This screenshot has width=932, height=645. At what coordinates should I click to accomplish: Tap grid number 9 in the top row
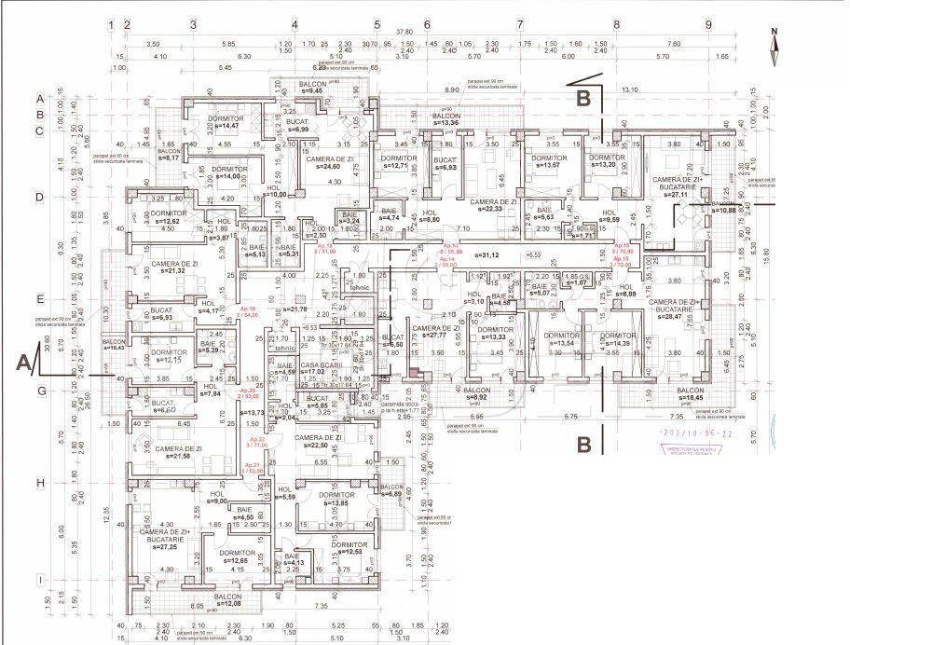(x=708, y=24)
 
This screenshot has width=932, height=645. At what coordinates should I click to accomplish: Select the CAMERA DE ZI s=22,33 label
(x=493, y=205)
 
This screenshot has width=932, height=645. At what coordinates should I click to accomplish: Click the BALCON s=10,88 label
(x=724, y=206)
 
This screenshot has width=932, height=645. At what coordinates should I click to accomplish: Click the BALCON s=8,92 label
(x=476, y=393)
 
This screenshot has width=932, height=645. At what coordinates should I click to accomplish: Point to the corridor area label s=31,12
(x=487, y=254)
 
